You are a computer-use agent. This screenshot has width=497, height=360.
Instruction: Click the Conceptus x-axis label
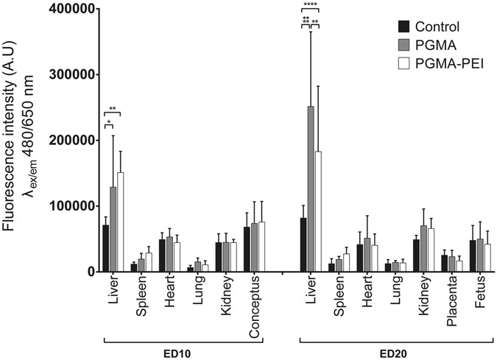254,299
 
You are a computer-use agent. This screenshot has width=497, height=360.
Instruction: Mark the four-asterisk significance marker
311,7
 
